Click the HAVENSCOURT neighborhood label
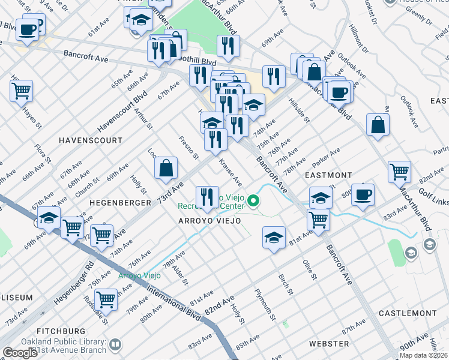pos(90,140)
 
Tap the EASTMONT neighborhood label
pos(327,175)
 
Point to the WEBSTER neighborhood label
pos(328,343)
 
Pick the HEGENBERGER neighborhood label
pos(119,203)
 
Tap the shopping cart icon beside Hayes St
pos(22,91)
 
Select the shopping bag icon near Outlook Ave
pos(378,125)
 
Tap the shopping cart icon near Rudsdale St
pos(106,298)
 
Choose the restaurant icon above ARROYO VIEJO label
pos(206,197)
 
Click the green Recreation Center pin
pos(254,201)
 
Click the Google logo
pos(20,353)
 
